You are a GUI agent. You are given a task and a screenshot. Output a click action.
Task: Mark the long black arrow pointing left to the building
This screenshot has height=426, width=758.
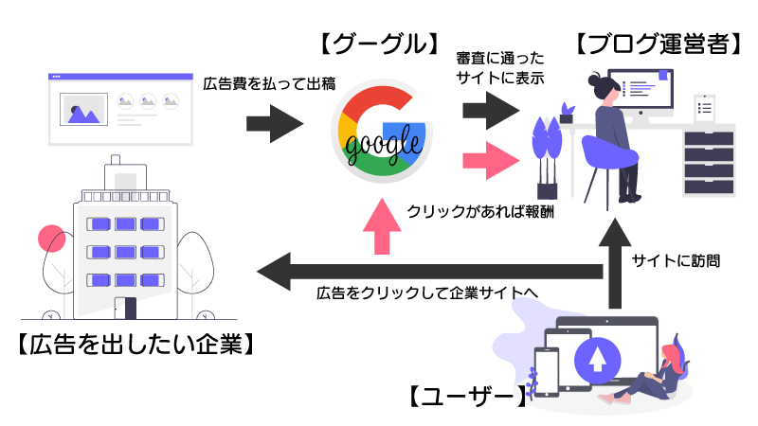tap(426, 272)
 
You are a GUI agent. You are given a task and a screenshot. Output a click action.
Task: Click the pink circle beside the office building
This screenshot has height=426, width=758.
tap(48, 239)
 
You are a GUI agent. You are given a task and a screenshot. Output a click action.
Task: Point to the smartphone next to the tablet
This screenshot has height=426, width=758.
tap(549, 370)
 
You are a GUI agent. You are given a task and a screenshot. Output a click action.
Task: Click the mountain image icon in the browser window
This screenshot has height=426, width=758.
tap(82, 110)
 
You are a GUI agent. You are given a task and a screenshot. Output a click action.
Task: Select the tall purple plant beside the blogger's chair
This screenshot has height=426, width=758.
tap(548, 151)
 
